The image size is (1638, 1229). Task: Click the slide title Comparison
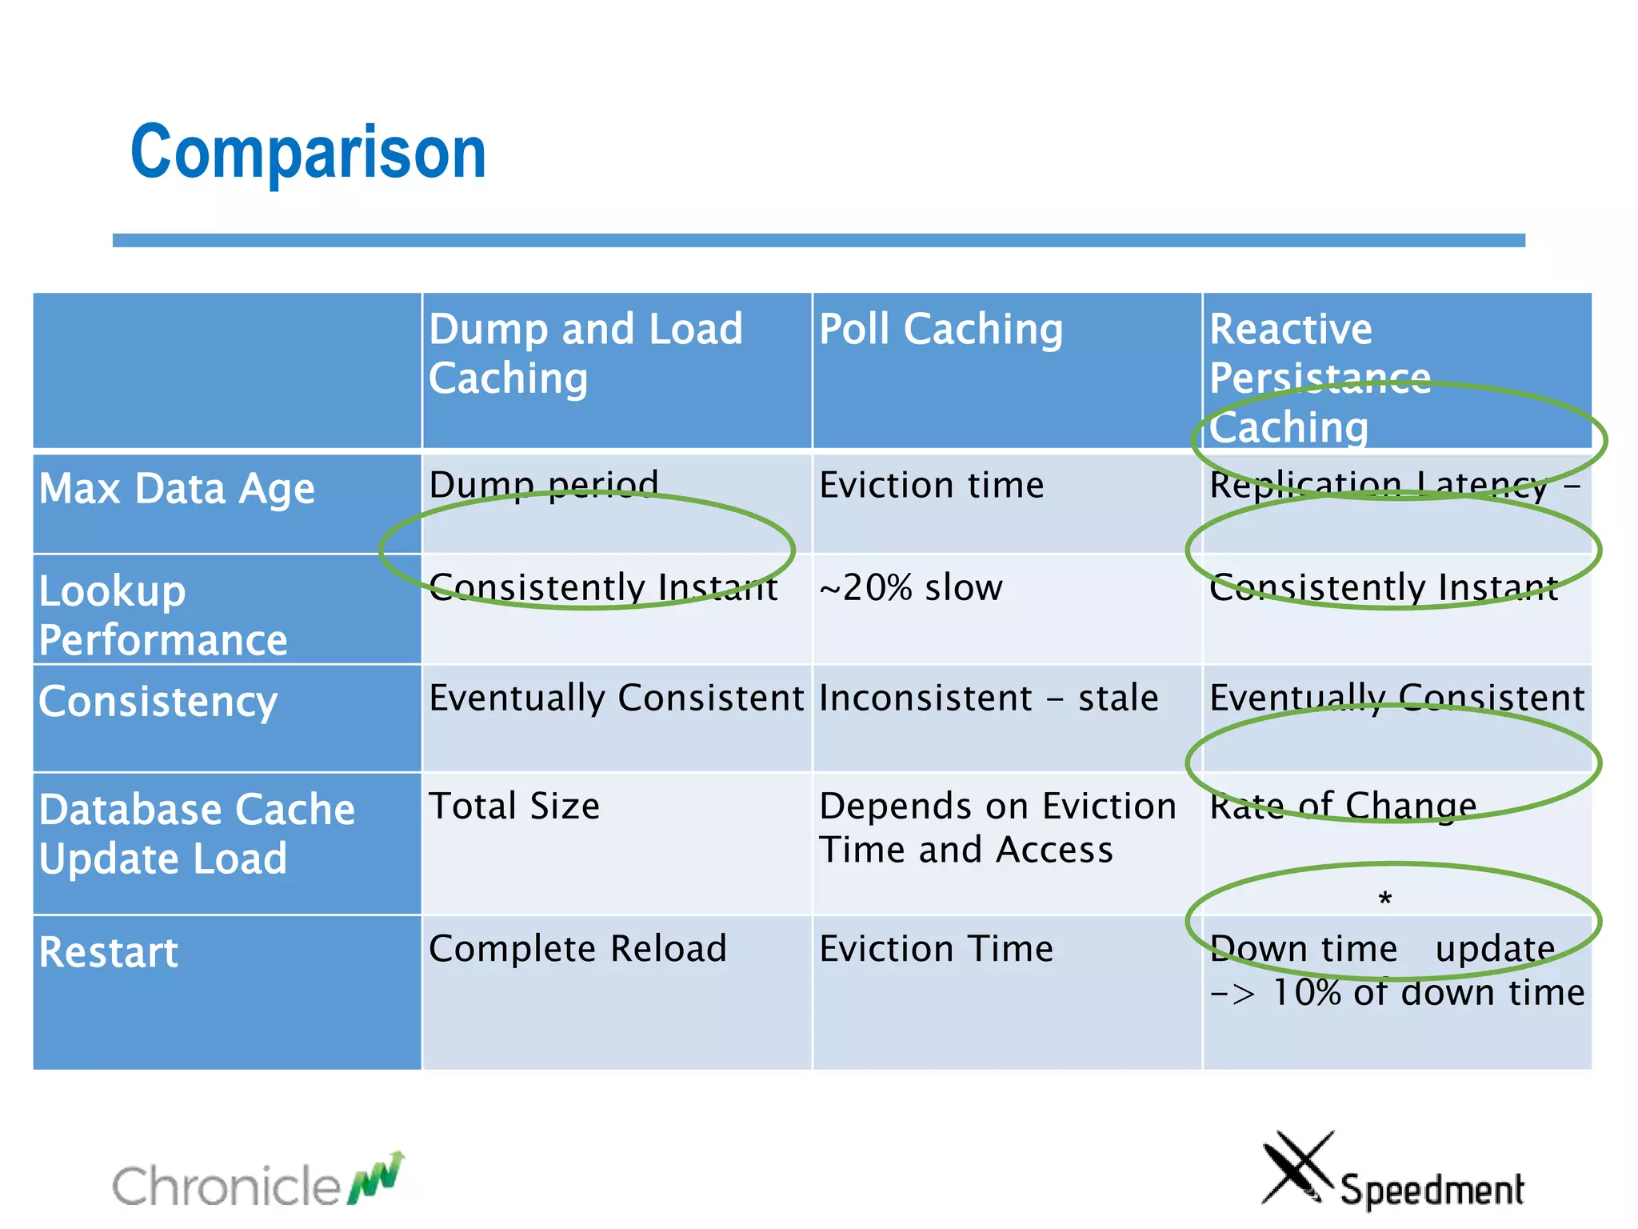[308, 152]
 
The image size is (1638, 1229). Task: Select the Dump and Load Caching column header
[585, 353]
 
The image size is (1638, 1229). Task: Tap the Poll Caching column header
[941, 329]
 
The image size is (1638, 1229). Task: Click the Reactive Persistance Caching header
[1320, 377]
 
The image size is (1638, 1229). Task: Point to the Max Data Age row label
[177, 488]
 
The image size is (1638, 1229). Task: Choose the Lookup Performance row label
[163, 614]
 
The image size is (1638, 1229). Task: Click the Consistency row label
[158, 701]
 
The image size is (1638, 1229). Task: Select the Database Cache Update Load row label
[197, 833]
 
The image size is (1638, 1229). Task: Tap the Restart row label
[109, 952]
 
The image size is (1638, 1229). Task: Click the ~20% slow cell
[911, 587]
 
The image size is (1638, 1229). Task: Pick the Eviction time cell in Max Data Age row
[932, 485]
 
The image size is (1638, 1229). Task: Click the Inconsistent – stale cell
[989, 698]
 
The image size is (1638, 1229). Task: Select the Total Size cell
[514, 806]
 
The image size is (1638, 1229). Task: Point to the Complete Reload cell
[577, 948]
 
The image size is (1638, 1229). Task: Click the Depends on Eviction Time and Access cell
[997, 827]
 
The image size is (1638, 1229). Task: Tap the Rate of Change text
[1343, 806]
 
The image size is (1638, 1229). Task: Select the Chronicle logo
[258, 1182]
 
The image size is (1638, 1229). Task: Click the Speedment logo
[1393, 1173]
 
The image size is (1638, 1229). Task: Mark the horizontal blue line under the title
[818, 240]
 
